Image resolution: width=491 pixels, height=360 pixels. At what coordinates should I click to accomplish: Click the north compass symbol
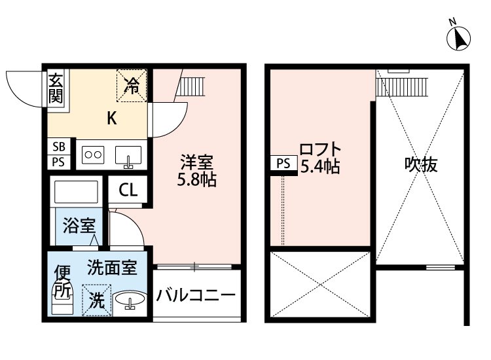coord(459,38)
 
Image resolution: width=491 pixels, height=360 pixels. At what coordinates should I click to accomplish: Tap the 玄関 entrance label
coord(56,89)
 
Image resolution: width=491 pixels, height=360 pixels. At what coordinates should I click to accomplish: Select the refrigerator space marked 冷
coord(133,86)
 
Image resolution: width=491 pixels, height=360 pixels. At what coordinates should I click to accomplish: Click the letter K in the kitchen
coord(112,118)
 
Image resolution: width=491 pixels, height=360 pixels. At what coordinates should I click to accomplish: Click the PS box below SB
coord(58,162)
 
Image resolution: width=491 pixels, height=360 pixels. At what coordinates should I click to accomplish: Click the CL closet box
coord(128,190)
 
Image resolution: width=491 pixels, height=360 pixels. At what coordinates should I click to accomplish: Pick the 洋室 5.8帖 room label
coord(198,170)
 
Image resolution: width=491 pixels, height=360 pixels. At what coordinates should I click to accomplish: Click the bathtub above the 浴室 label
coord(77,192)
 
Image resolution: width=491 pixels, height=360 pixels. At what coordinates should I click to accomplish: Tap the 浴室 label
coord(79,226)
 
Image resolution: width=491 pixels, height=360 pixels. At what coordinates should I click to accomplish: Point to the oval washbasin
coord(131,301)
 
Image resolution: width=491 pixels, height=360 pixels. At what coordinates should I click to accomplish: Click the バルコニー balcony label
coord(196,296)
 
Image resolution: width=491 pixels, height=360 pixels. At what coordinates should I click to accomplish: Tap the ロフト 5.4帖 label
coord(319,158)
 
